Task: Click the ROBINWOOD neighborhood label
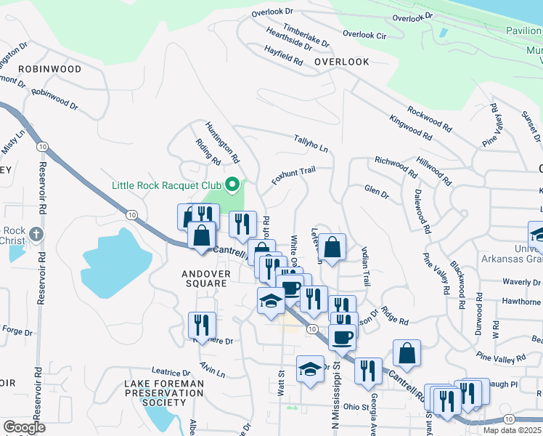(50, 69)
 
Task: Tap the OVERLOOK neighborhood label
(342, 62)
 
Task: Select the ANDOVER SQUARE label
(205, 279)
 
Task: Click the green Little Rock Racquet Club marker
(232, 185)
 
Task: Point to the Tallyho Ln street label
(311, 143)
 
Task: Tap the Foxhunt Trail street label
(294, 175)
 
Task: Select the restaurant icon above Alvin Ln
(201, 324)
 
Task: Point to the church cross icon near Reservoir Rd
(38, 234)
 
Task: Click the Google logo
(23, 427)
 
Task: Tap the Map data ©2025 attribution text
(512, 430)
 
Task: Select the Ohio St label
(356, 407)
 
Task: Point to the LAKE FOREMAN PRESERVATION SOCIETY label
(164, 392)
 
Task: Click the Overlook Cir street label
(364, 34)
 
